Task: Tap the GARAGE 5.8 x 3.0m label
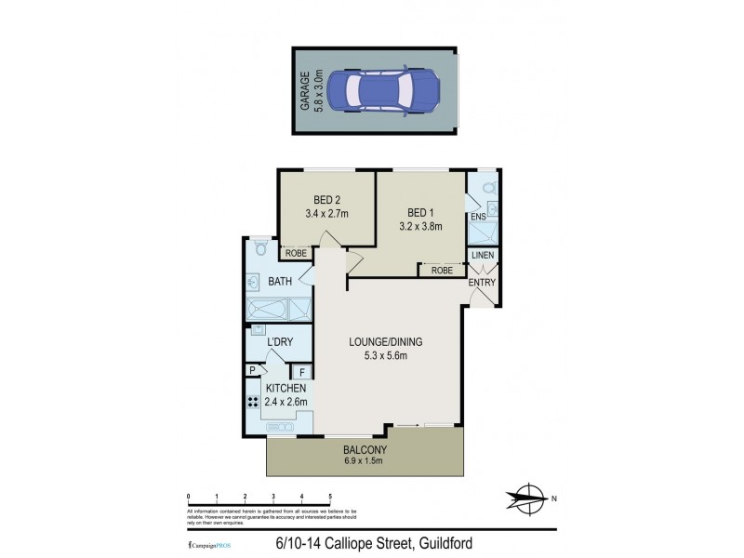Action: pos(311,90)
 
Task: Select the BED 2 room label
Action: pos(325,199)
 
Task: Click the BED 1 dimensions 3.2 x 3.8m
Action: pos(419,225)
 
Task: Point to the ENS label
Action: pos(478,218)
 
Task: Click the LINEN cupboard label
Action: pos(482,256)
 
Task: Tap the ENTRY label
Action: pos(482,283)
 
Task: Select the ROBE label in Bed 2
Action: pos(297,253)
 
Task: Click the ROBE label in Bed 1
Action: pos(442,271)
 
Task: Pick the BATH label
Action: pos(281,281)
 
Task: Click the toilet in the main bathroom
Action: pos(261,249)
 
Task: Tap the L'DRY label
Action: pos(280,342)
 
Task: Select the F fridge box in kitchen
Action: pos(302,372)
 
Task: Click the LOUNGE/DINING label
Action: pos(379,341)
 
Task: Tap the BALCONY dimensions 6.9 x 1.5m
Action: pos(364,462)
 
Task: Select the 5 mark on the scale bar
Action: pos(330,497)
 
